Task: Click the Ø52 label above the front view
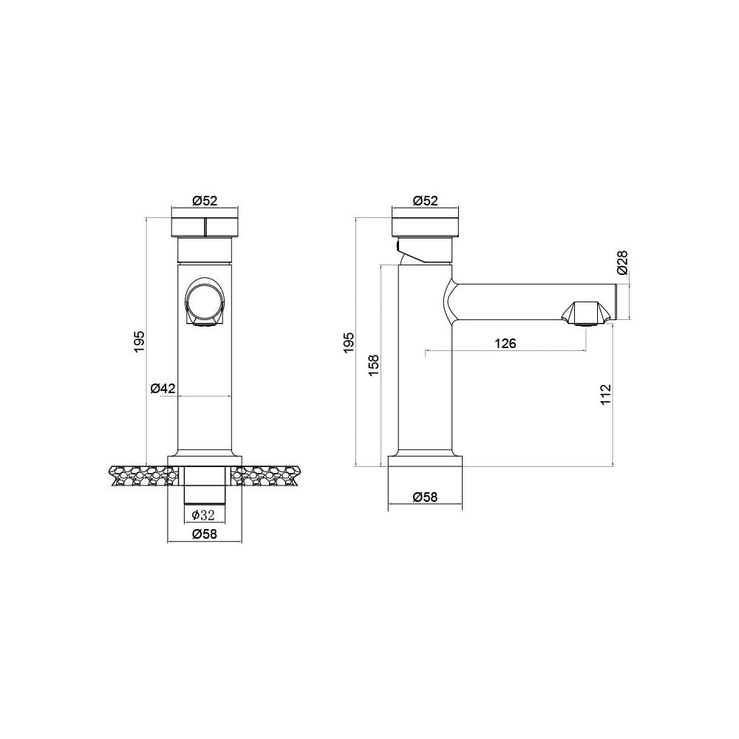(205, 200)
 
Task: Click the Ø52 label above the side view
(426, 200)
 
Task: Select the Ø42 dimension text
(163, 388)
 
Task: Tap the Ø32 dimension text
(204, 515)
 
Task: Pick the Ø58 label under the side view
(426, 497)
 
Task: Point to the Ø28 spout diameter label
(622, 262)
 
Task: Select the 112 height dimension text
(606, 394)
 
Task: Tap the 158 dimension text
(374, 365)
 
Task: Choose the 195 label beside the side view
(350, 342)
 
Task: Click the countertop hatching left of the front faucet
(138, 475)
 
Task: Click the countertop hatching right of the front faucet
(270, 475)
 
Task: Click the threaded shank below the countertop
(204, 492)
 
